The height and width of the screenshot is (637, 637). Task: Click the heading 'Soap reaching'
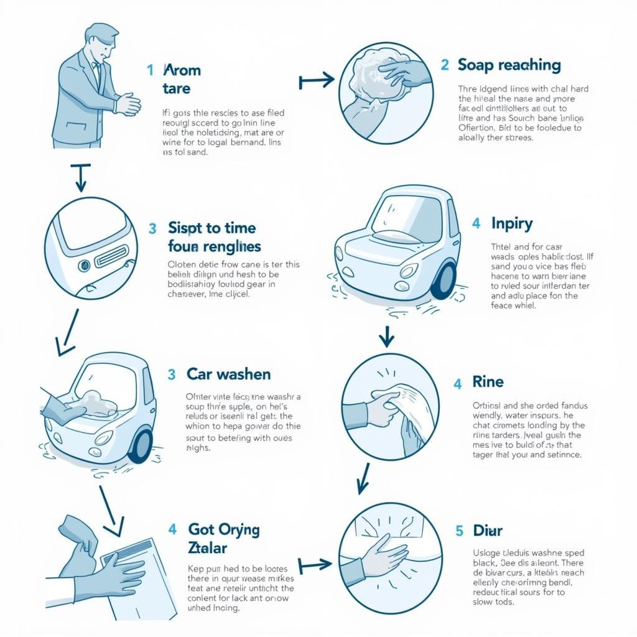pos(509,65)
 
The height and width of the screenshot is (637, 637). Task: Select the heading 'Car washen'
pos(228,374)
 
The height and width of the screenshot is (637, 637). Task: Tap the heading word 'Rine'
pos(488,382)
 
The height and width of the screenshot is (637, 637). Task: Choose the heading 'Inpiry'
pos(511,223)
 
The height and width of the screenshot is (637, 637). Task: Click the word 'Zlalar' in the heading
pos(207,548)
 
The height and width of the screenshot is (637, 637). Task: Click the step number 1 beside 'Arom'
pos(150,70)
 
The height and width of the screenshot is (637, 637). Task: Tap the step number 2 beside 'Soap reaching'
pos(445,65)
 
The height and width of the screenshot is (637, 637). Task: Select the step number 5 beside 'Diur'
pos(459,531)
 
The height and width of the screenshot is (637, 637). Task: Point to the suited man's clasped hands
pos(129,103)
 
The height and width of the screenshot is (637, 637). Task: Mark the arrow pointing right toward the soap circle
pos(316,80)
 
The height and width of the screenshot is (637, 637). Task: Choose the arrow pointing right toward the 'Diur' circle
pos(315,565)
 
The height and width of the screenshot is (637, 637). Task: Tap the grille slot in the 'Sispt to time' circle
pos(111,255)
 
